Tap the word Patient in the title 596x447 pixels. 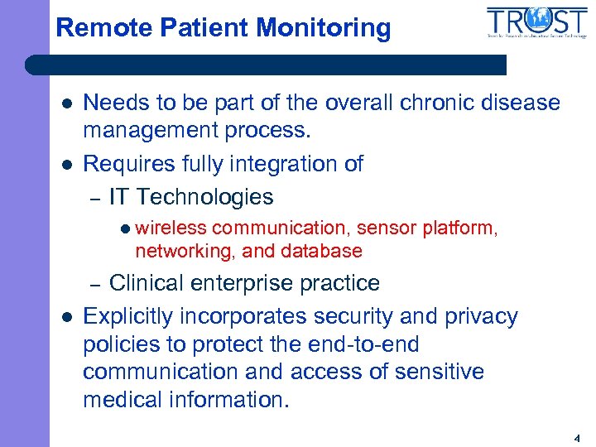[x=199, y=28]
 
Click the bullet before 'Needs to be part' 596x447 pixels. [x=66, y=103]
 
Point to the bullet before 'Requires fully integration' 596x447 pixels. [x=66, y=165]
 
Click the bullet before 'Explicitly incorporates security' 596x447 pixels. [x=66, y=317]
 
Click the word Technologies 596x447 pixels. [x=204, y=197]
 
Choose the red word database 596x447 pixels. [x=322, y=250]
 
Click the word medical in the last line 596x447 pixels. [x=127, y=399]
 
